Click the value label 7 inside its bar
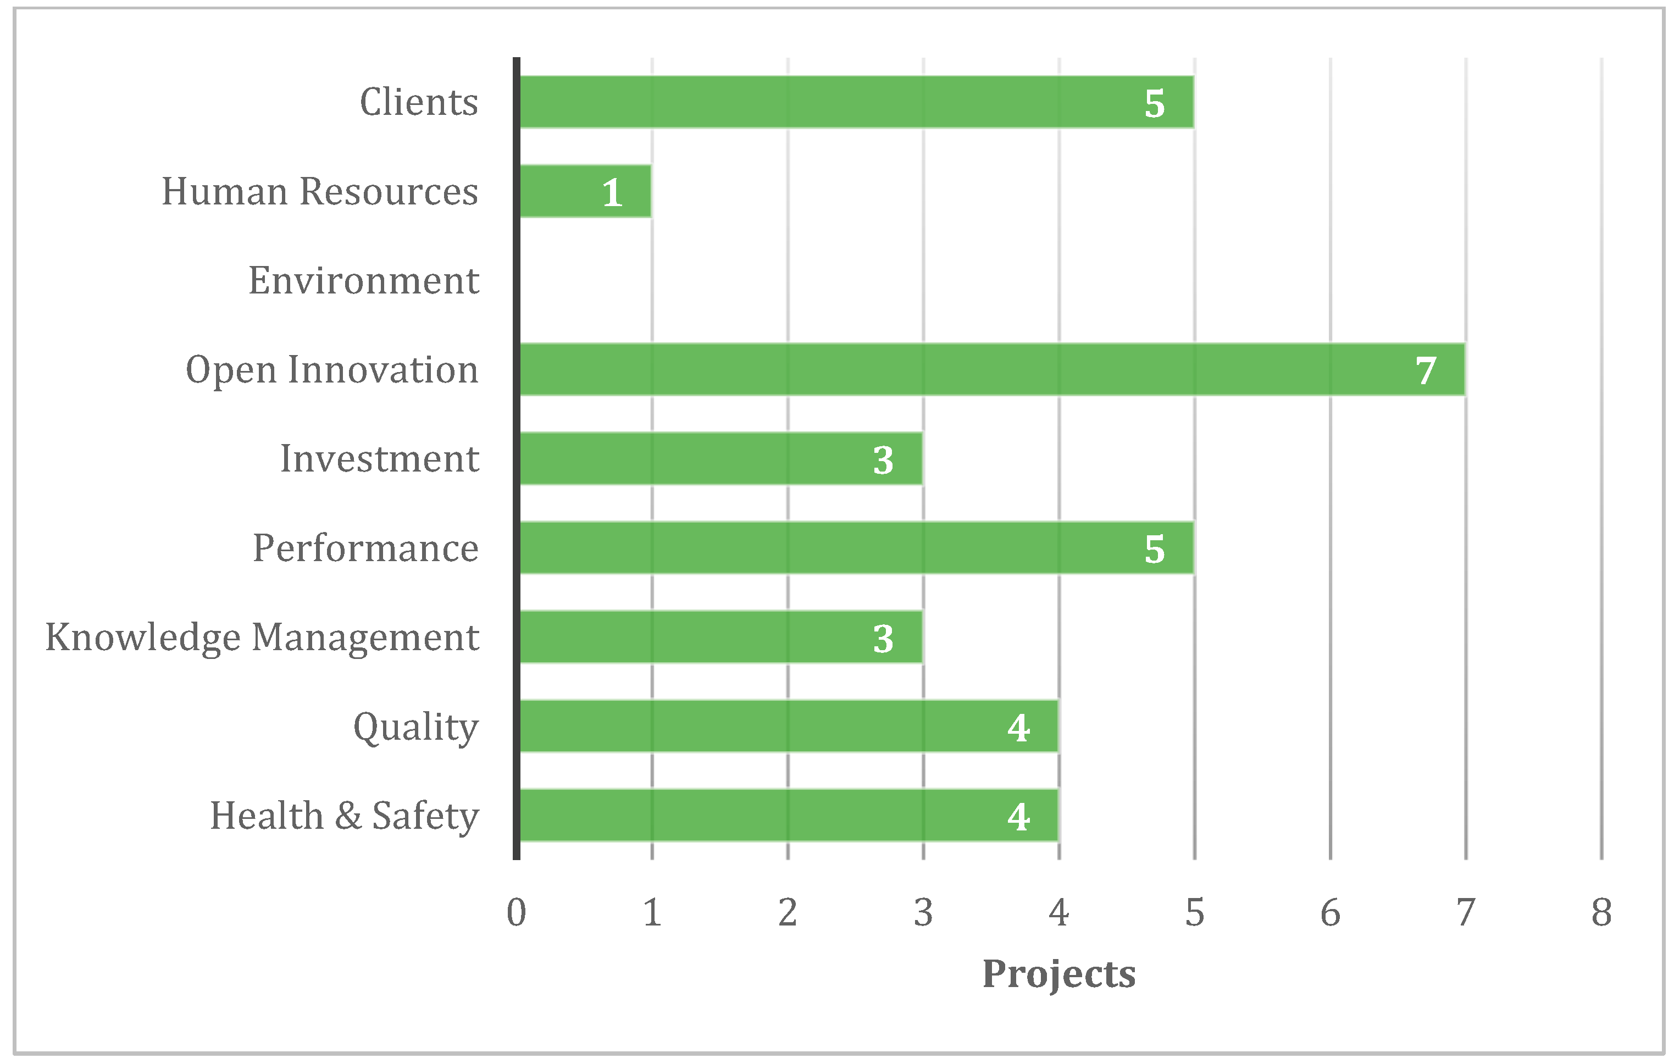tap(1426, 370)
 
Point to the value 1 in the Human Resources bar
tap(612, 193)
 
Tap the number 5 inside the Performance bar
tap(1154, 550)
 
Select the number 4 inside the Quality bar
tap(1018, 728)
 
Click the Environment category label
tap(364, 280)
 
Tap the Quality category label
tap(415, 728)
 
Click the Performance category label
tap(365, 548)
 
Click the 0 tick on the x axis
tap(516, 912)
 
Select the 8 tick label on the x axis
tap(1601, 912)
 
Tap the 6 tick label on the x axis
tap(1330, 912)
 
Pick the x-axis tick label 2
tap(788, 912)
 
